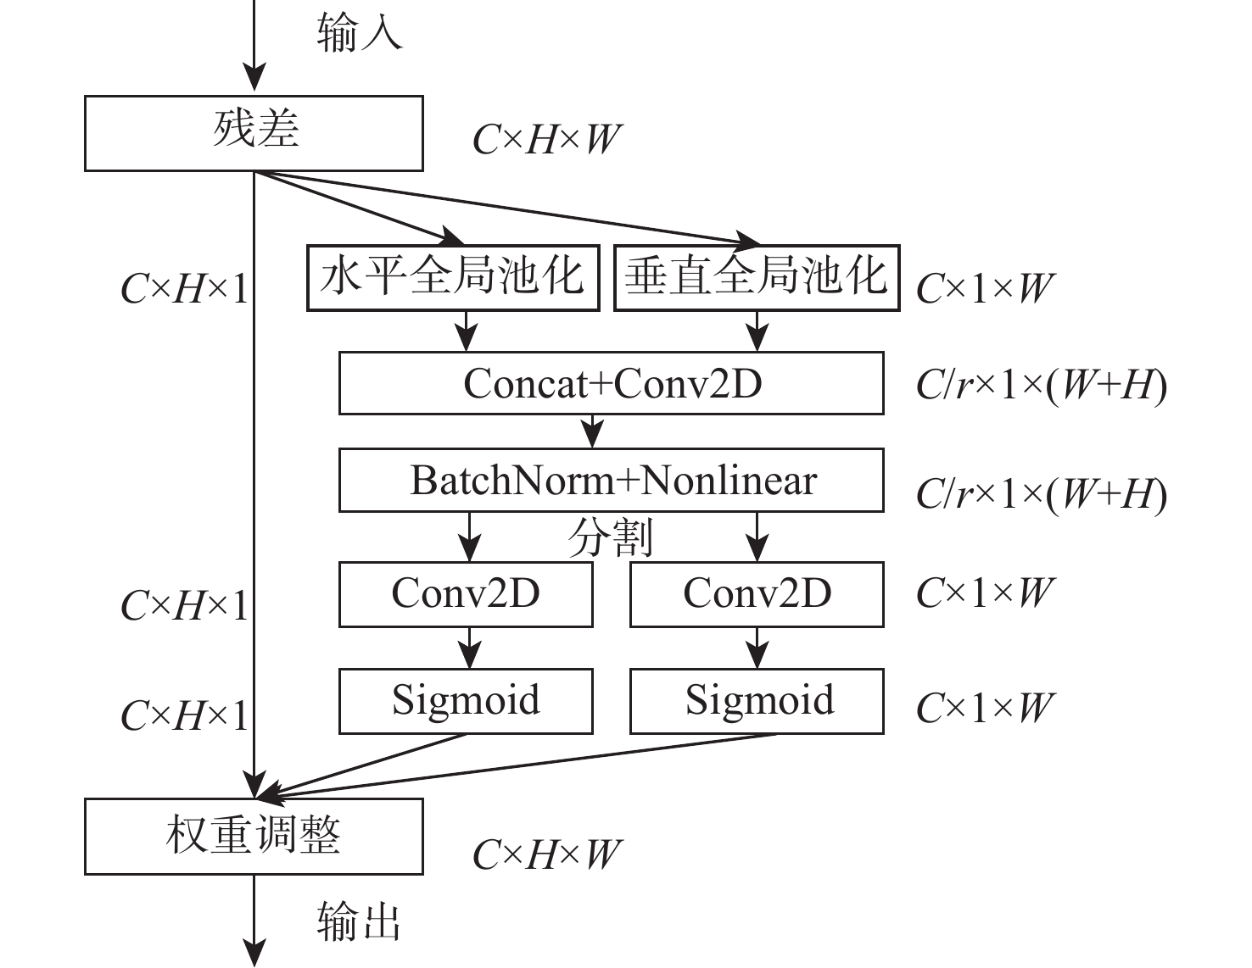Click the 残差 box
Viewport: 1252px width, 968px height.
254,133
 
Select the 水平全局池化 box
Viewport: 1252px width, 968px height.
452,277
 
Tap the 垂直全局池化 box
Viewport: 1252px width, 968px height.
756,277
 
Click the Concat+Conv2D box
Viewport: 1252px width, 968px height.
611,383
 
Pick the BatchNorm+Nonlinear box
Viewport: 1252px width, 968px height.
611,481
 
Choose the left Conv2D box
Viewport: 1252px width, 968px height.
466,593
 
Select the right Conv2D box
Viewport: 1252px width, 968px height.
757,593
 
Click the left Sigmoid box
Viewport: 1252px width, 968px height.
466,701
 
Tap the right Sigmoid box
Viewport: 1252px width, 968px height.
757,701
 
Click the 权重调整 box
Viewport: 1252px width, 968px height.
254,836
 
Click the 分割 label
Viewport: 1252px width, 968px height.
611,537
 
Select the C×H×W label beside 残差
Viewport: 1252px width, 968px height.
546,140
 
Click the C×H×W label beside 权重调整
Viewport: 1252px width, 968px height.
546,854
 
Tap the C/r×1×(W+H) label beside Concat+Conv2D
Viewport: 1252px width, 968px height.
1041,386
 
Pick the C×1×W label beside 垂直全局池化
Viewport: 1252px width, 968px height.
984,289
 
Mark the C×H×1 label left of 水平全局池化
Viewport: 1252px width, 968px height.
185,290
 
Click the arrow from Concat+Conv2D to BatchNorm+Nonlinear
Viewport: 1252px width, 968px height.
593,431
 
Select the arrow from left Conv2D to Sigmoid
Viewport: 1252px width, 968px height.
468,648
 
